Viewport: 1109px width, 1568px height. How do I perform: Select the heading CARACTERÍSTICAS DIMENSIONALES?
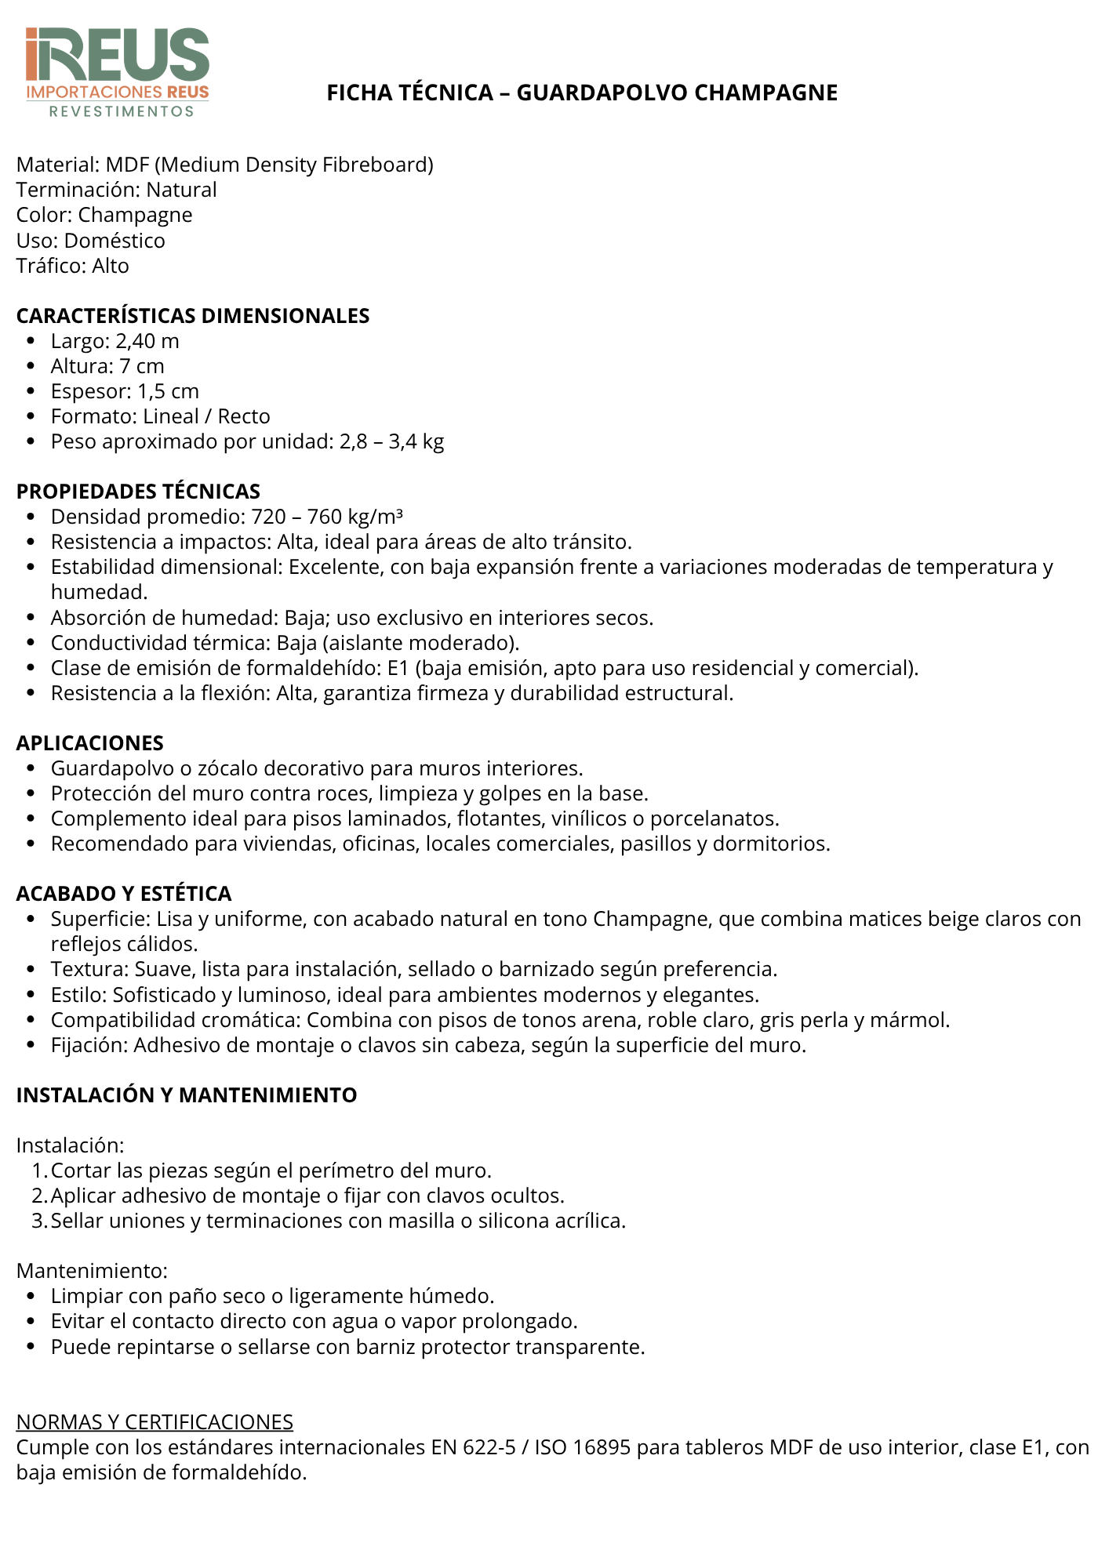[193, 316]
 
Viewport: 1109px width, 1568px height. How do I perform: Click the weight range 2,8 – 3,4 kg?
[391, 441]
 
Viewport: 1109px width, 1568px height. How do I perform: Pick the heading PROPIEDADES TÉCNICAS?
[138, 492]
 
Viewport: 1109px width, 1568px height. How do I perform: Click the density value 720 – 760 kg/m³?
[327, 517]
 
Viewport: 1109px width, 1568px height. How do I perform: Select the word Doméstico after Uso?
[115, 241]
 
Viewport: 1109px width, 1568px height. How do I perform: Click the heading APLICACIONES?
[90, 743]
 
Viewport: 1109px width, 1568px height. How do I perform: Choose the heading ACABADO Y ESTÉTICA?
[124, 894]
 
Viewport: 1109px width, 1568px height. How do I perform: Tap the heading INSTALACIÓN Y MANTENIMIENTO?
[187, 1095]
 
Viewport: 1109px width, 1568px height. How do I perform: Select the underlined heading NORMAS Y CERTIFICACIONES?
[155, 1421]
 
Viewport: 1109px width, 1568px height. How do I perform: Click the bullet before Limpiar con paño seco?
[31, 1297]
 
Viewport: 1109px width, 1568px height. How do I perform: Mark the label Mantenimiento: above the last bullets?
[93, 1271]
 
